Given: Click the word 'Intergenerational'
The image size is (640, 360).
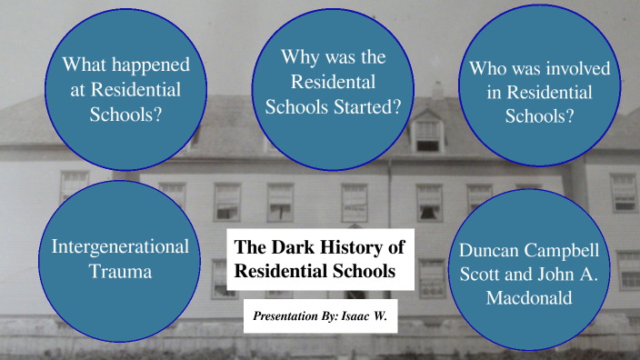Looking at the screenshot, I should click(x=120, y=246).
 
